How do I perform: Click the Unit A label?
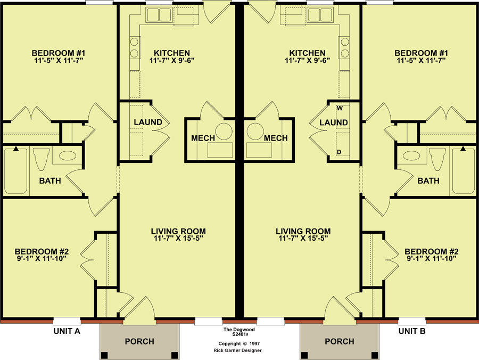[67, 331]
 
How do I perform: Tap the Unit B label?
[412, 331]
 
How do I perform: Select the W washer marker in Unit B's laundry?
[340, 108]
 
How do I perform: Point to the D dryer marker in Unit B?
[339, 152]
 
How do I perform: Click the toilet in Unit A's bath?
[41, 159]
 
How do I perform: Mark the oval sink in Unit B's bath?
[410, 156]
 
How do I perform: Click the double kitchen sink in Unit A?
[159, 14]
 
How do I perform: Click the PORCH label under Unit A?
[139, 341]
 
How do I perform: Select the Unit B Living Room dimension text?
[303, 239]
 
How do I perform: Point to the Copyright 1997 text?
[239, 344]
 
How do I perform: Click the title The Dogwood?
[239, 330]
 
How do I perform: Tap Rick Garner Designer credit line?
[237, 350]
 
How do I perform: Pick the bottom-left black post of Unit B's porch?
[304, 355]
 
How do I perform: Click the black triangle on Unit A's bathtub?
[15, 149]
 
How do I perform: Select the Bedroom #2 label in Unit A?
[42, 251]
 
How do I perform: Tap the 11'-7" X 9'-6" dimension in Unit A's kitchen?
[172, 60]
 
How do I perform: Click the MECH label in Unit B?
[276, 138]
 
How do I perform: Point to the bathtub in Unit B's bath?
[464, 170]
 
